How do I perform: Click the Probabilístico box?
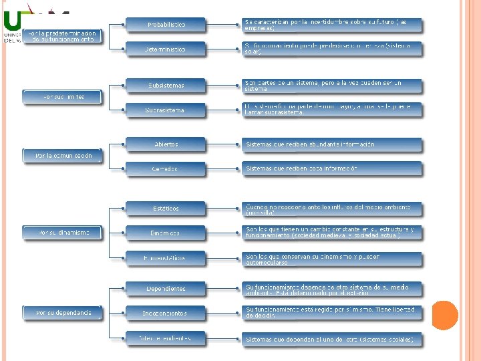pyautogui.click(x=166, y=25)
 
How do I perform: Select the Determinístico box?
pyautogui.click(x=166, y=49)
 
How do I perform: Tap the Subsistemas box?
pyautogui.click(x=166, y=86)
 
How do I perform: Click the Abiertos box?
pyautogui.click(x=166, y=144)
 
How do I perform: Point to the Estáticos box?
pyautogui.click(x=166, y=208)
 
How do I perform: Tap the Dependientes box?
pyautogui.click(x=166, y=288)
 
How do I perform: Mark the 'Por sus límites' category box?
pyautogui.click(x=63, y=97)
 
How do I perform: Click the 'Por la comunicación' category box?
pyautogui.click(x=63, y=156)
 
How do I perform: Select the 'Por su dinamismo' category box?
pyautogui.click(x=63, y=233)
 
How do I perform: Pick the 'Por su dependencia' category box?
pyautogui.click(x=63, y=312)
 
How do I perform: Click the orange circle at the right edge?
pyautogui.click(x=445, y=314)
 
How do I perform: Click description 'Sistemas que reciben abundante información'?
pyautogui.click(x=332, y=144)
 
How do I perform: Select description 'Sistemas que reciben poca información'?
pyautogui.click(x=332, y=168)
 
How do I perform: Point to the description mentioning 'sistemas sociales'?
pyautogui.click(x=332, y=340)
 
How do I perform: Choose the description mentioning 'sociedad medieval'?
pyautogui.click(x=332, y=233)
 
